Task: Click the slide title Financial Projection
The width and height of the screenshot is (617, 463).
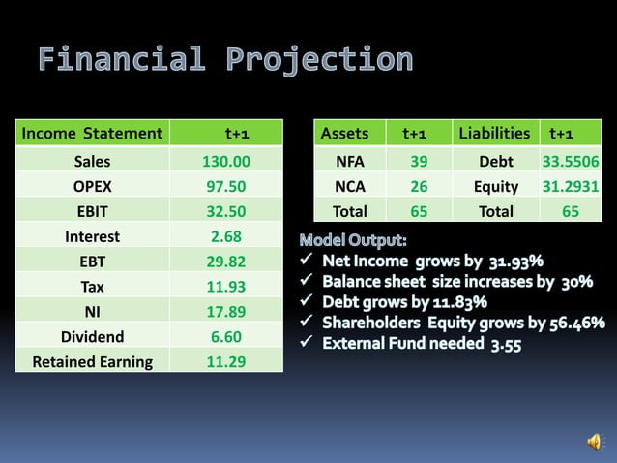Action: pos(225,61)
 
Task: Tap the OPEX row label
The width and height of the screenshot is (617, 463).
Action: pos(92,187)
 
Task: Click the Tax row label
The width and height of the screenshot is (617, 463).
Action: pos(92,287)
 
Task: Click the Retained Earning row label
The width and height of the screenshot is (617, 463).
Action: pos(92,362)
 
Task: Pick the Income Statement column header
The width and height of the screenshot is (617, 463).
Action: pos(92,133)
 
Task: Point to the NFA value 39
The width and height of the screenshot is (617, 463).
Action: pos(418,162)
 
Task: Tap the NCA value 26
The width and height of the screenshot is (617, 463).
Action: pos(418,187)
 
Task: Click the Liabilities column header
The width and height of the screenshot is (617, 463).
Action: pos(494,133)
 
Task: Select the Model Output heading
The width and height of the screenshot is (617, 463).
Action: pos(353,239)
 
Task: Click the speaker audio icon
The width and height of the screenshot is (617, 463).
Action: pos(593,442)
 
